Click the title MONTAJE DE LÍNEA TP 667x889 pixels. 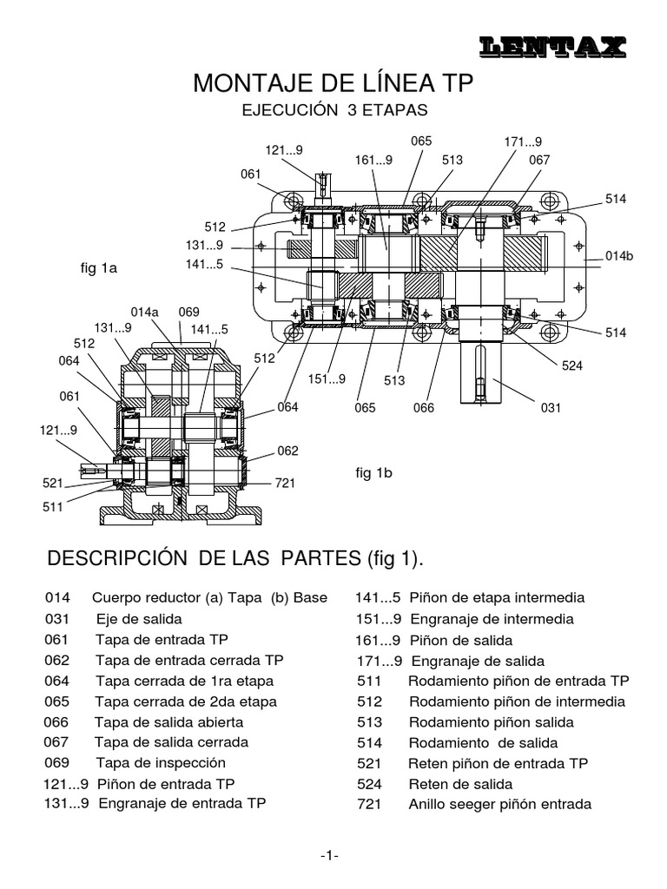pyautogui.click(x=333, y=83)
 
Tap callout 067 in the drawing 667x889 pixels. pyautogui.click(x=539, y=160)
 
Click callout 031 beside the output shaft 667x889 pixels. pyautogui.click(x=551, y=406)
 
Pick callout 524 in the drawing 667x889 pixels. pyautogui.click(x=571, y=365)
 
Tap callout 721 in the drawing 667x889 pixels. pyautogui.click(x=286, y=483)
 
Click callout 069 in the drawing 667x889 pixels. pyautogui.click(x=189, y=312)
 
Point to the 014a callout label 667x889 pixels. pyautogui.click(x=144, y=312)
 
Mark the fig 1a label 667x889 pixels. pyautogui.click(x=98, y=269)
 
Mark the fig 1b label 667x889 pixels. pyautogui.click(x=374, y=473)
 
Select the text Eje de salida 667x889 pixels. pyautogui.click(x=139, y=619)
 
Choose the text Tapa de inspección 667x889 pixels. pyautogui.click(x=161, y=762)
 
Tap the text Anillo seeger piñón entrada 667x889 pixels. pyautogui.click(x=499, y=804)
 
